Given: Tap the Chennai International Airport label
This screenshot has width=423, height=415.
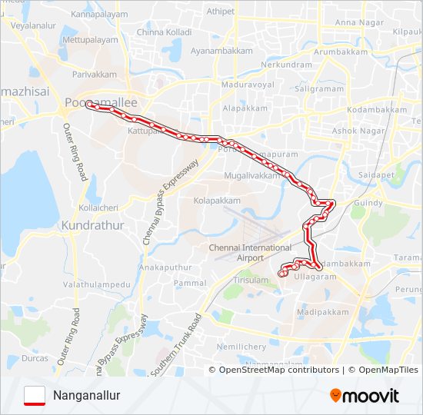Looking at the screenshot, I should click(x=251, y=253).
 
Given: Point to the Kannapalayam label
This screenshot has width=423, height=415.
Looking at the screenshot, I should click(x=98, y=14).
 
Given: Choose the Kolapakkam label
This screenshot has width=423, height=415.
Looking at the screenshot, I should click(x=217, y=201).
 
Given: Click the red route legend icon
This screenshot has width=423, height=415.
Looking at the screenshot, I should click(x=34, y=395).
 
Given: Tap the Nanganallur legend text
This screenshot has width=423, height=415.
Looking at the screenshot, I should click(x=87, y=396).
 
